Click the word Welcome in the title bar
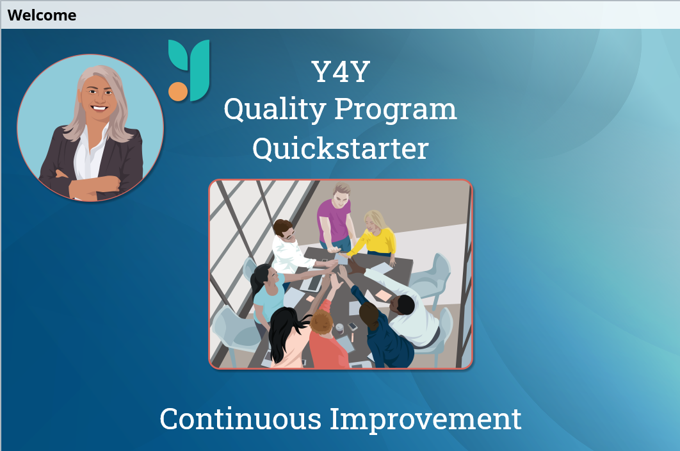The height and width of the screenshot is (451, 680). click(x=42, y=15)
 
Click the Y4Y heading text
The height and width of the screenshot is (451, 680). click(x=341, y=72)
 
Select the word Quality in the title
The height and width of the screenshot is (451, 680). click(x=275, y=109)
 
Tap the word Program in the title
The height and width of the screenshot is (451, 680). click(x=396, y=110)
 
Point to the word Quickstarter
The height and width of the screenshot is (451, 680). click(x=341, y=149)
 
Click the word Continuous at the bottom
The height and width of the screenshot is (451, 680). click(x=240, y=419)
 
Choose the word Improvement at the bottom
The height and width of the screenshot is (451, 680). click(x=425, y=420)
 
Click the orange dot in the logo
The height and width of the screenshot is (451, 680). click(x=178, y=91)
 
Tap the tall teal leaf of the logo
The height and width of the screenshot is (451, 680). click(x=200, y=70)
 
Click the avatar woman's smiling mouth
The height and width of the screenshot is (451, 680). click(x=99, y=108)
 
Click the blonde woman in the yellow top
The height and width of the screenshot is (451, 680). click(x=375, y=237)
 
